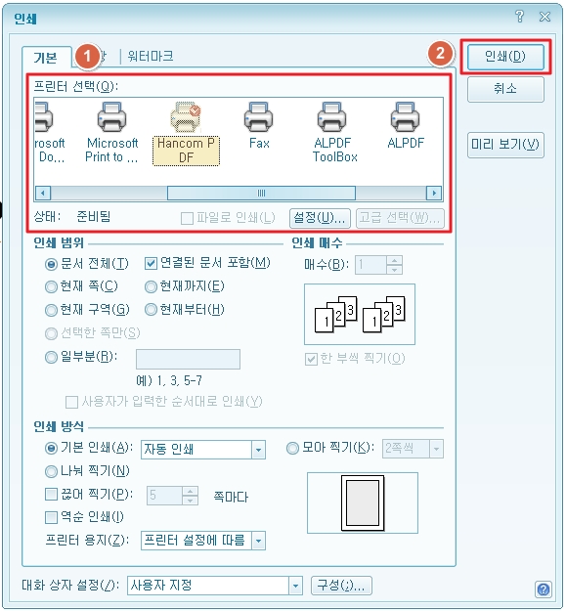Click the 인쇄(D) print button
[505, 56]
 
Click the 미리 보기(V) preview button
[505, 145]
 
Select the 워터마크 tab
[151, 57]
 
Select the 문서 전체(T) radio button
[51, 264]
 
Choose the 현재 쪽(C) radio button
[51, 286]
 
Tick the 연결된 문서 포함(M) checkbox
[151, 263]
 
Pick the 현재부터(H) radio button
[151, 310]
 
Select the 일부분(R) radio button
[51, 358]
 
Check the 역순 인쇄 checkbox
[51, 517]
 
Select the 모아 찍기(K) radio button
[292, 449]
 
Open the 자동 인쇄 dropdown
[258, 450]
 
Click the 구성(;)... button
[340, 586]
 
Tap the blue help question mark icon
[543, 589]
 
